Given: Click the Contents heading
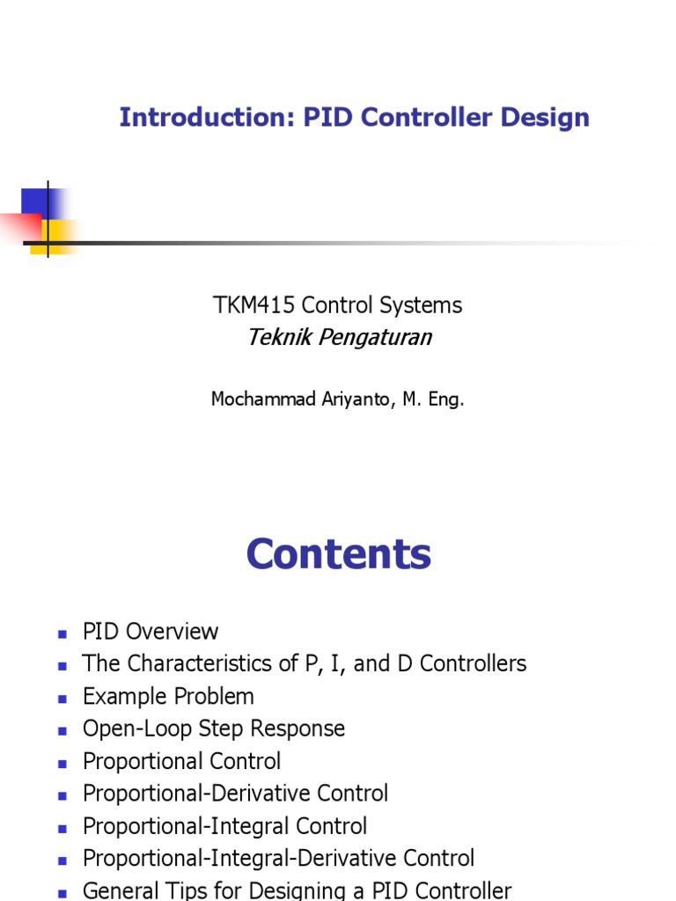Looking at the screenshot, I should (x=339, y=554).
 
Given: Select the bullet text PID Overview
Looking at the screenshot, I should (x=150, y=632).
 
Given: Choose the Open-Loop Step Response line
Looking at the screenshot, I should (x=213, y=729).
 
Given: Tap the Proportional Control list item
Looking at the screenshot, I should (x=181, y=761).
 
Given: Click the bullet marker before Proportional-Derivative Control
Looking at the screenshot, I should (x=62, y=795).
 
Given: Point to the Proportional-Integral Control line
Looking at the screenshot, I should (x=224, y=826).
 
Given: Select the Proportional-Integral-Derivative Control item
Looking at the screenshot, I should (x=278, y=858).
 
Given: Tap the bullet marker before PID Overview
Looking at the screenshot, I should (x=62, y=634).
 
